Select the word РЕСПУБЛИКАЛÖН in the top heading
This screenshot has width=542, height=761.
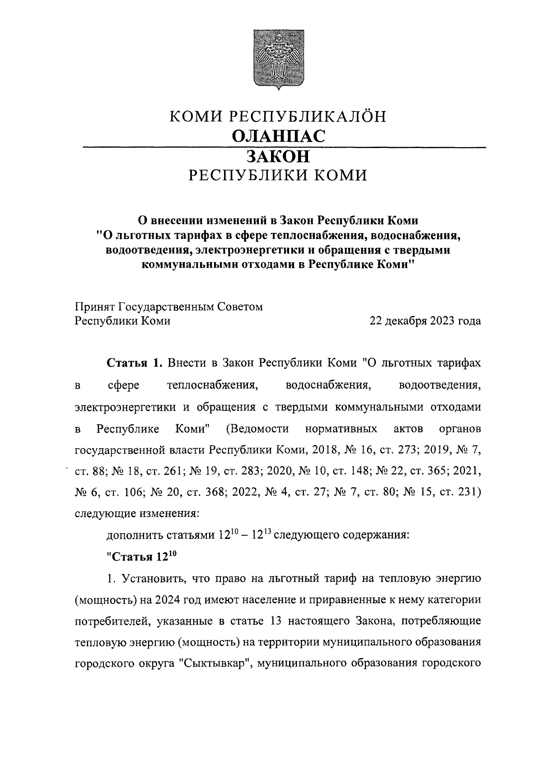309,117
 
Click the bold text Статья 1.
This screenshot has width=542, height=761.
134,363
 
